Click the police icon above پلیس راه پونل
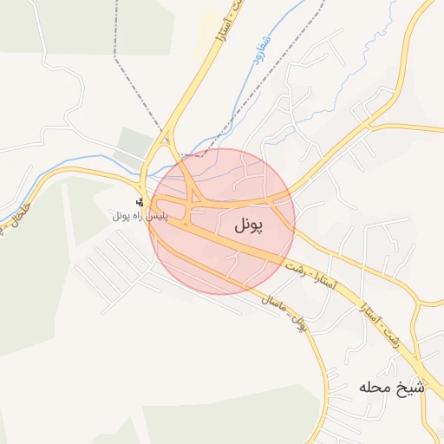pos(140,201)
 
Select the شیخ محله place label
pos(392,387)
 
